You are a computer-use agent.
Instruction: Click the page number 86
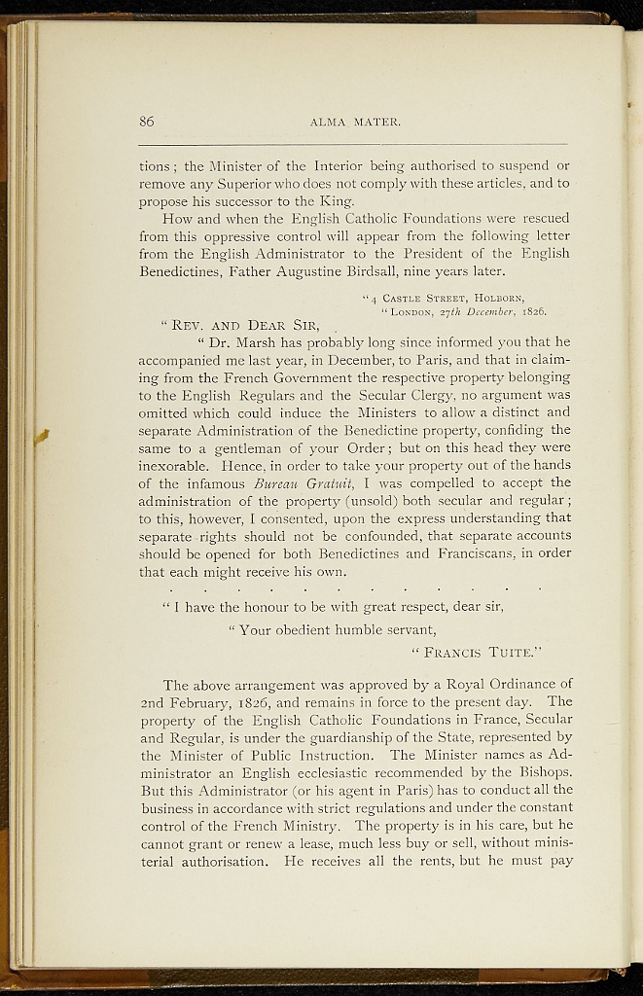147,122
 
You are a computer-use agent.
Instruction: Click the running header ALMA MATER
349,123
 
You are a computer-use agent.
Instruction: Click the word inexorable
169,466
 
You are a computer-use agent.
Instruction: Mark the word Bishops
545,771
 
